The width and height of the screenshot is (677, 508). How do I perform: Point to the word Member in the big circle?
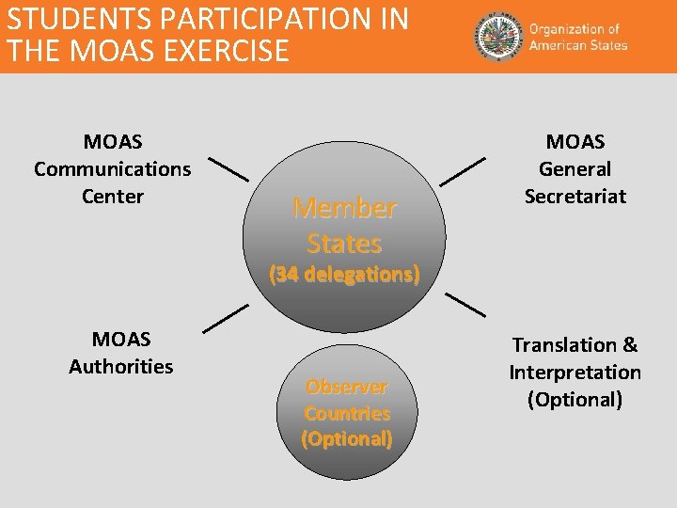[344, 208]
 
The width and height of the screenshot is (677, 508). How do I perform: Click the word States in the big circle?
[344, 244]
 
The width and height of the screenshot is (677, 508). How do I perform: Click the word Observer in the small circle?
[346, 387]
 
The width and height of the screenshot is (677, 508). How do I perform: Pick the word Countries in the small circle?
[346, 413]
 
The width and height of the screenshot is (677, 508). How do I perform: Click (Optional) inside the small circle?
[346, 438]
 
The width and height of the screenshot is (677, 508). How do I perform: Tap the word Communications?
[112, 169]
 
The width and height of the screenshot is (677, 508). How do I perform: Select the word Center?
[112, 197]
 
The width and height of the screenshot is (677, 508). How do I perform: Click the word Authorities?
[120, 366]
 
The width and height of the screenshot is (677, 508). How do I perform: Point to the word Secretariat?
[575, 197]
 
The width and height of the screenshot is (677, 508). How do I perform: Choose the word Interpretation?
[575, 373]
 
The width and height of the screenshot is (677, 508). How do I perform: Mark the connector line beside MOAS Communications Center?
[228, 169]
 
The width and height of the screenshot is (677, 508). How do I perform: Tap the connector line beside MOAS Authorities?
[226, 318]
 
